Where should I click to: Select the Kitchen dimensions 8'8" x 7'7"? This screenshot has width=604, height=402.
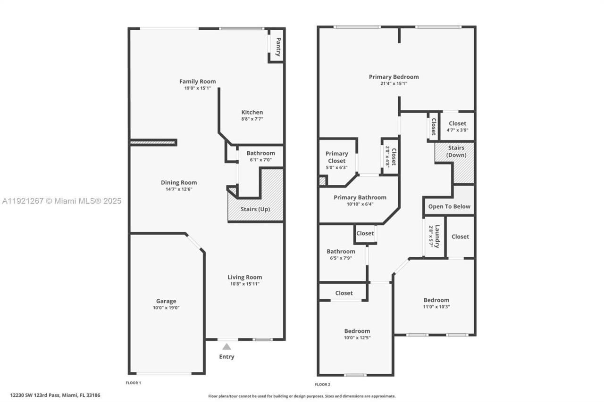click(x=252, y=119)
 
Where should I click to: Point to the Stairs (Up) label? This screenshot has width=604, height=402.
click(x=255, y=209)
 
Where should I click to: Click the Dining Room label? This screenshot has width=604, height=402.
click(x=179, y=182)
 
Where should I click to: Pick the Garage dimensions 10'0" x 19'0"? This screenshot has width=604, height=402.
click(x=166, y=308)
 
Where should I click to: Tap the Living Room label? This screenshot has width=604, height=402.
click(x=244, y=277)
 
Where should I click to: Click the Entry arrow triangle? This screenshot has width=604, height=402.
click(x=227, y=346)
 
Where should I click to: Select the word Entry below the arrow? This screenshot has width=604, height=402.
click(x=226, y=357)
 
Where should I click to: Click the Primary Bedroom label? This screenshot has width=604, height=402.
click(x=394, y=77)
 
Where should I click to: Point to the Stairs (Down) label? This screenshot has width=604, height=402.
click(x=456, y=151)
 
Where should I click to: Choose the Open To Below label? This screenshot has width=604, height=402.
click(x=449, y=206)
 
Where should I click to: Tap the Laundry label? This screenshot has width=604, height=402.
click(x=437, y=236)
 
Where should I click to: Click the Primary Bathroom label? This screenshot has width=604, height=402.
click(x=360, y=197)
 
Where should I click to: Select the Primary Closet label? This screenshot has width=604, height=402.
click(x=337, y=157)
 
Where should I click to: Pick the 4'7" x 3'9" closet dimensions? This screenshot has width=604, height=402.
click(x=457, y=131)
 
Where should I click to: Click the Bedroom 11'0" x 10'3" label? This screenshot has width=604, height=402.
click(x=436, y=300)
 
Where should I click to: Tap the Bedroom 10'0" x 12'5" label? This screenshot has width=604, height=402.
click(x=357, y=331)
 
